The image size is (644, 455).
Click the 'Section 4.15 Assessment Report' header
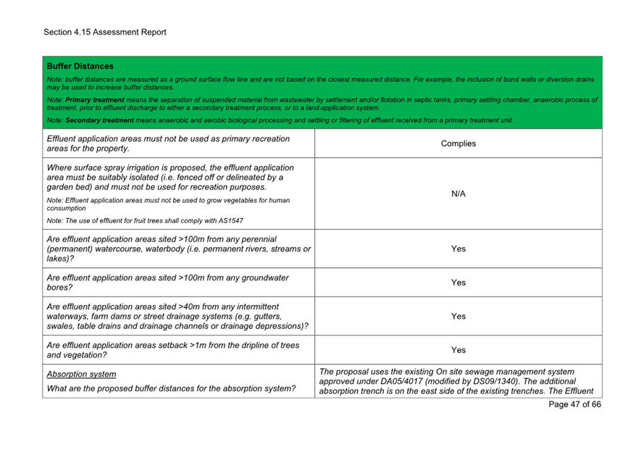tap(104, 32)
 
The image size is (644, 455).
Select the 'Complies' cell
tap(458, 143)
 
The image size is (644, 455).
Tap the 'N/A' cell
tap(458, 193)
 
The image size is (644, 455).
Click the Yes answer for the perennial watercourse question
tap(458, 249)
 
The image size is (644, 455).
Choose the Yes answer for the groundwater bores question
tap(458, 283)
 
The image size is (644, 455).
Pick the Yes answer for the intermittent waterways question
tap(458, 316)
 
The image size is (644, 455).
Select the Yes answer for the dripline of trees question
tap(458, 350)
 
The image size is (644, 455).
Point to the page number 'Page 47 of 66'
tap(574, 404)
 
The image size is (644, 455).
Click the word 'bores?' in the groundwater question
tap(59, 288)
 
